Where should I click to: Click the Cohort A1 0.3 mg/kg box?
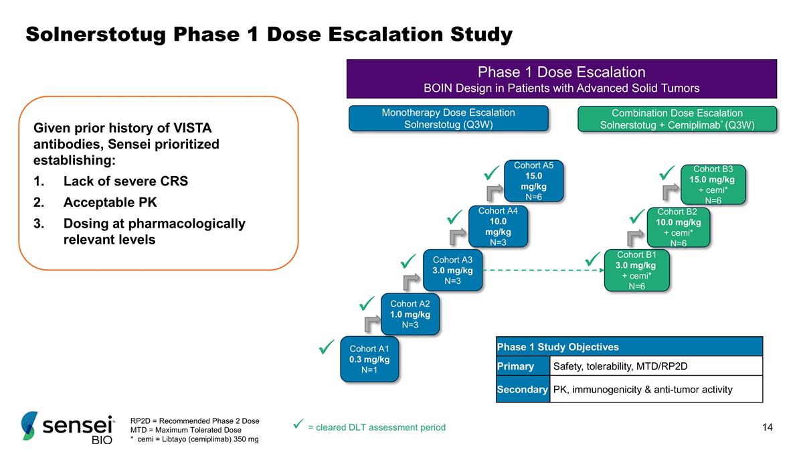[369, 359]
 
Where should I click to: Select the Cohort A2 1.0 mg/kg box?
[410, 314]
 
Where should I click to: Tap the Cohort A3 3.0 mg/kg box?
[452, 271]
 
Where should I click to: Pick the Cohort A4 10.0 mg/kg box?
[498, 226]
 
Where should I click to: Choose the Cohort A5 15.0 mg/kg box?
[533, 181]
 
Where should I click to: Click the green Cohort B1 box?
[636, 271]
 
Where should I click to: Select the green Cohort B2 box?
[679, 227]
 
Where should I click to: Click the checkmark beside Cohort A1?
[327, 348]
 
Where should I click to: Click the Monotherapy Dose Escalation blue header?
[448, 119]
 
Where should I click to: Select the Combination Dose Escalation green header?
[677, 119]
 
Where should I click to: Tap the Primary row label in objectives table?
[515, 366]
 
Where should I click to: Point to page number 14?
[767, 427]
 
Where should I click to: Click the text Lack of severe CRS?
[125, 181]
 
